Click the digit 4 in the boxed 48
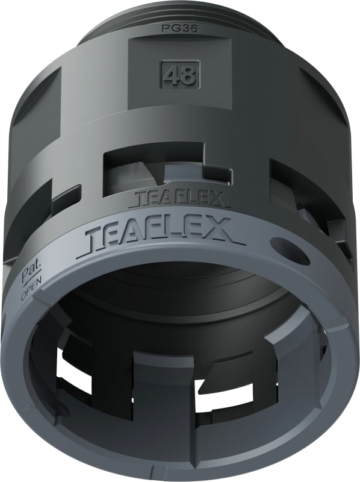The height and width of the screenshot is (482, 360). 172,76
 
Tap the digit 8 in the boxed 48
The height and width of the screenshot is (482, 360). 187,76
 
